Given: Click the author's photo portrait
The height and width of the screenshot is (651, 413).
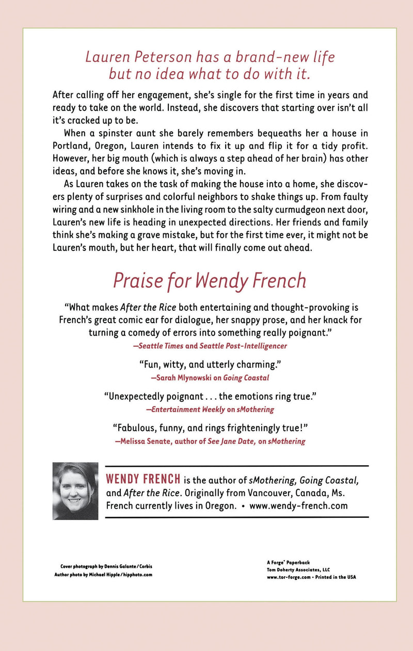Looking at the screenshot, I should [x=75, y=491].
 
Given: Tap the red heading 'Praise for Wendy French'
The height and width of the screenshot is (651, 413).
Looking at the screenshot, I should [x=210, y=280].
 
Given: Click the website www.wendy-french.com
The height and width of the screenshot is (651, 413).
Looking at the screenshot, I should [x=298, y=506].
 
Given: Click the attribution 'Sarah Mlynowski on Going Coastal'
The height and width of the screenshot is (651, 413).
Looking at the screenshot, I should [x=210, y=377].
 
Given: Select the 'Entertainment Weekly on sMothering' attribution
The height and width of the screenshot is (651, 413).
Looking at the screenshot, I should [x=210, y=409].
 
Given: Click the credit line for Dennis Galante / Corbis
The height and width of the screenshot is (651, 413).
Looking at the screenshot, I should [x=106, y=566].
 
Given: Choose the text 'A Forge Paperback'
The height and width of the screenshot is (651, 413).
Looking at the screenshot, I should [x=287, y=561].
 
